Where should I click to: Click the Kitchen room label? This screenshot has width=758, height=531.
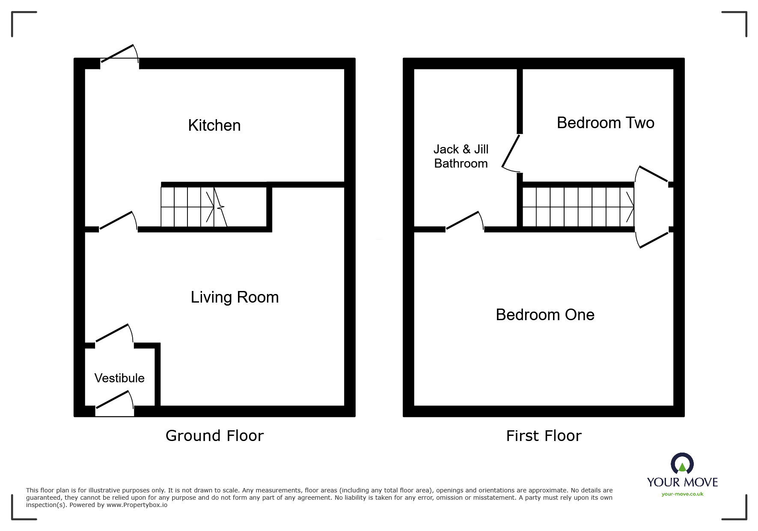[214, 126]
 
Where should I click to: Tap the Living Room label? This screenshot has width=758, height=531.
[235, 297]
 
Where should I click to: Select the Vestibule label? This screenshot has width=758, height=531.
[119, 378]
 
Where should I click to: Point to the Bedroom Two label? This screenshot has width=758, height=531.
[605, 123]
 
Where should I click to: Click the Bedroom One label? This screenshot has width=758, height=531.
[545, 315]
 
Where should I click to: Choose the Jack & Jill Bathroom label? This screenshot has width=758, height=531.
[461, 156]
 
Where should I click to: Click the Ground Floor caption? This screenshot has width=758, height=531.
[214, 436]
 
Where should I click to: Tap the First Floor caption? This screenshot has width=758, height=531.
[544, 436]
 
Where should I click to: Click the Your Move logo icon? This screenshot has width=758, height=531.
[682, 464]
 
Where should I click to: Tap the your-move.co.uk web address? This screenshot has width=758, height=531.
[682, 494]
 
